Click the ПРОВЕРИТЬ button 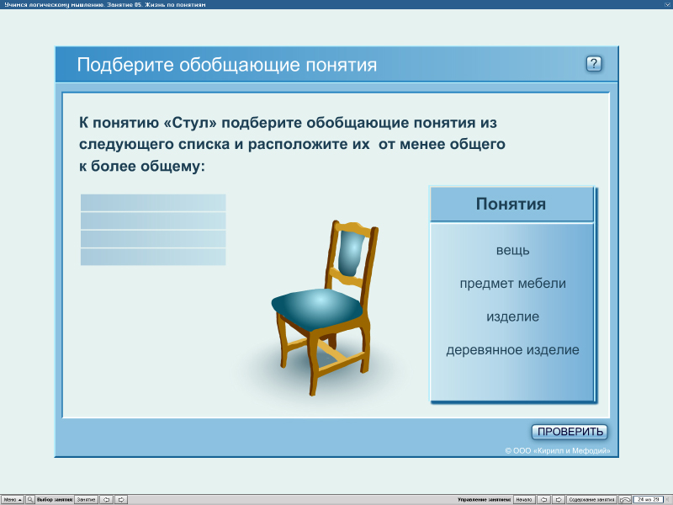pos(570,432)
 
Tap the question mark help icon pos(594,64)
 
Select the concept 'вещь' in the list pos(512,250)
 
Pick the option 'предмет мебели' pos(512,284)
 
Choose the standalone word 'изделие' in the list pos(512,317)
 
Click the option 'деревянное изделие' pos(512,350)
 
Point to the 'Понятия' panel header pos(511,205)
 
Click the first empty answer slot pos(153,203)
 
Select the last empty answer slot pos(153,257)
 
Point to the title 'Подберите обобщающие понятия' pos(227,66)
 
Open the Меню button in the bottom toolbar pos(12,499)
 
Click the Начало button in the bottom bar pos(524,499)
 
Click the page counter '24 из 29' pos(649,499)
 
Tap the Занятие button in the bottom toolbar pos(86,499)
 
